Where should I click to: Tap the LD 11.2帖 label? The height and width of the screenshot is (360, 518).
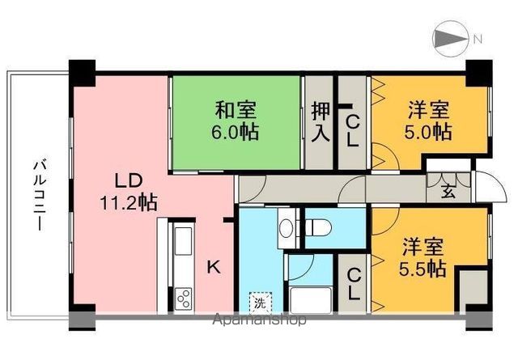(128, 192)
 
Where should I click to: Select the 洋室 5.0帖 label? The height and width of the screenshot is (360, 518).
(428, 121)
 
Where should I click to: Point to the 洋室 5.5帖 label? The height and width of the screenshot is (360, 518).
(422, 257)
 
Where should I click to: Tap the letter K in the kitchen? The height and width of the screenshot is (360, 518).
(214, 267)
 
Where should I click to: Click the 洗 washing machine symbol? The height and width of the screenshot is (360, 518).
(261, 303)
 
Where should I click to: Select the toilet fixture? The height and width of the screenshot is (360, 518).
(318, 227)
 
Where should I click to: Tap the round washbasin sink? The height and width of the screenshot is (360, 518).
(286, 227)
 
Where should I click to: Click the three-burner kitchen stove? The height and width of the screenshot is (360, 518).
(183, 299)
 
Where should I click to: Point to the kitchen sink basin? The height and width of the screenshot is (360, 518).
(183, 241)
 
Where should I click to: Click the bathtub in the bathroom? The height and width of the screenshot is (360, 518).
(311, 300)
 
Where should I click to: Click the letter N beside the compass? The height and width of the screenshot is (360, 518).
(478, 40)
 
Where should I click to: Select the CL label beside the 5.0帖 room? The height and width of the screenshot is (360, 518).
(353, 132)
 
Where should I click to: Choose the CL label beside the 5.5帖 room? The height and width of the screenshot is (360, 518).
(354, 285)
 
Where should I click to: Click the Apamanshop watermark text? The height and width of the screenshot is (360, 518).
(260, 320)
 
